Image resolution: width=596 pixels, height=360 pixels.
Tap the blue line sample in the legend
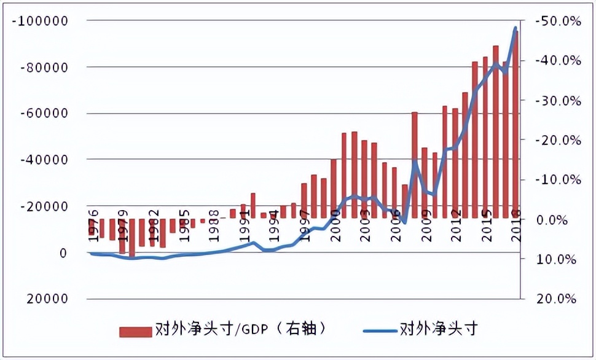pyautogui.click(x=378, y=331)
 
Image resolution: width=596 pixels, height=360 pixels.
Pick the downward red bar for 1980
pyautogui.click(x=132, y=237)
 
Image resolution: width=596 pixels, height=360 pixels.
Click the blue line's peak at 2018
pyautogui.click(x=515, y=28)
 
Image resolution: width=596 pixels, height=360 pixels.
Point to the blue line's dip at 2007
pyautogui.click(x=404, y=222)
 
